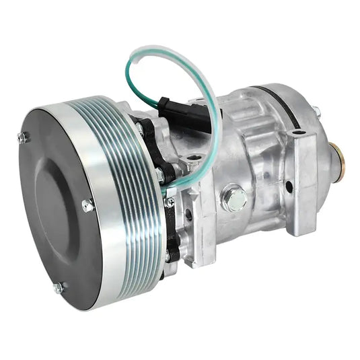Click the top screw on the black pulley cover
click(x=23, y=137)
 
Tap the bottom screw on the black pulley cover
click(x=58, y=287)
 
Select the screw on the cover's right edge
click(x=87, y=206)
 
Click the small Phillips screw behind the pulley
click(x=170, y=201)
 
